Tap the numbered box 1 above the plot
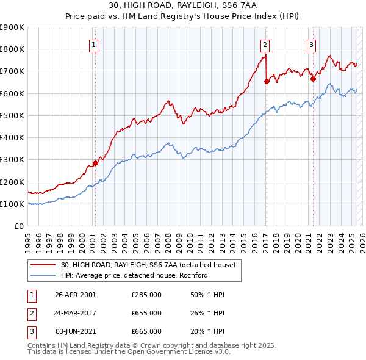tap(94, 44)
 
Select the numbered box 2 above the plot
tap(265, 44)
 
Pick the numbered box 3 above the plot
tap(311, 44)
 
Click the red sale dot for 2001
tap(95, 163)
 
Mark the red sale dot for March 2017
tap(267, 81)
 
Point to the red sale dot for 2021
tap(312, 78)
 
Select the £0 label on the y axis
tap(19, 226)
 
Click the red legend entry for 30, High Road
tap(151, 265)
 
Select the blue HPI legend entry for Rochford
tap(134, 275)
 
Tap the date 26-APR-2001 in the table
tap(75, 295)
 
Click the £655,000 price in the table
tap(146, 313)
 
